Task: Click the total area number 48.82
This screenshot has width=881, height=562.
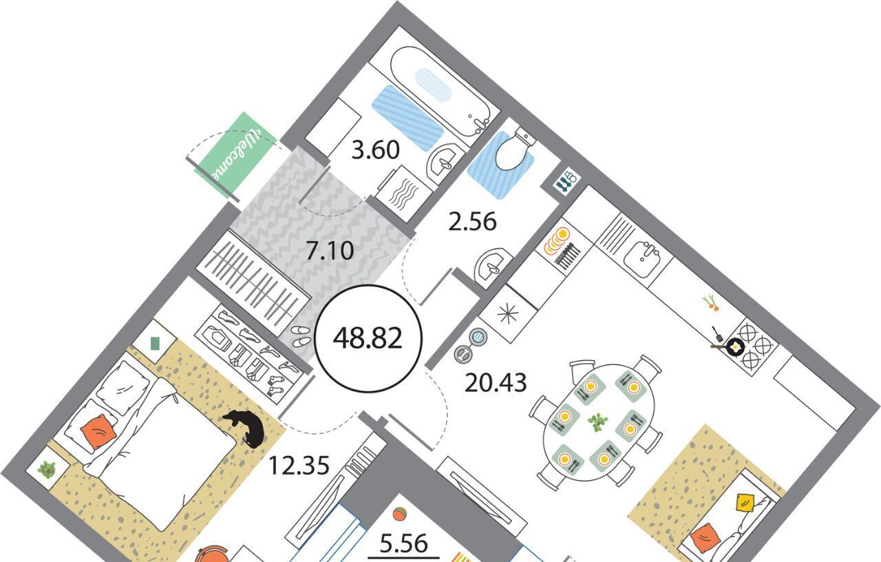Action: [x=368, y=339]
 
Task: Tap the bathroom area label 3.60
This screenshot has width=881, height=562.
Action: [x=375, y=150]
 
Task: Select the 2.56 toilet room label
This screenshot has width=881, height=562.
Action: [x=472, y=222]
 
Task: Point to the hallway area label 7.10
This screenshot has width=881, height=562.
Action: [x=330, y=251]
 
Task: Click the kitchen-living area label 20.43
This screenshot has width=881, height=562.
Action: [x=495, y=383]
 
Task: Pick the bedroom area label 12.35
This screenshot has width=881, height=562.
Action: [x=299, y=465]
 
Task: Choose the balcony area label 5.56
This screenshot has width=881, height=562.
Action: [x=403, y=543]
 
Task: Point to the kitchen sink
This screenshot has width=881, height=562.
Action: [x=643, y=257]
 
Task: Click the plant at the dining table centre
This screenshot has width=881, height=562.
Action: [x=598, y=422]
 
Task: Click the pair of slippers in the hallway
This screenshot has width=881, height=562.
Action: [x=301, y=335]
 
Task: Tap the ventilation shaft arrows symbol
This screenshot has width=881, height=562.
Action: [x=566, y=180]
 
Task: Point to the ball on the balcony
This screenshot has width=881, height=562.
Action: [x=399, y=514]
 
